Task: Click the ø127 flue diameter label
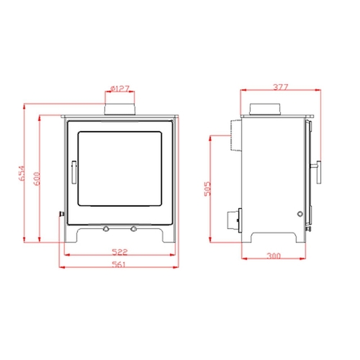tap(120, 89)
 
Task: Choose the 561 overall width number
tap(120, 264)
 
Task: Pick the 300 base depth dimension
tap(273, 256)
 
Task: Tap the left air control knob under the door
tap(106, 229)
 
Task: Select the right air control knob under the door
tap(133, 229)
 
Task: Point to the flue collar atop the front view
tap(120, 109)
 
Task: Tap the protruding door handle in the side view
tap(317, 168)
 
